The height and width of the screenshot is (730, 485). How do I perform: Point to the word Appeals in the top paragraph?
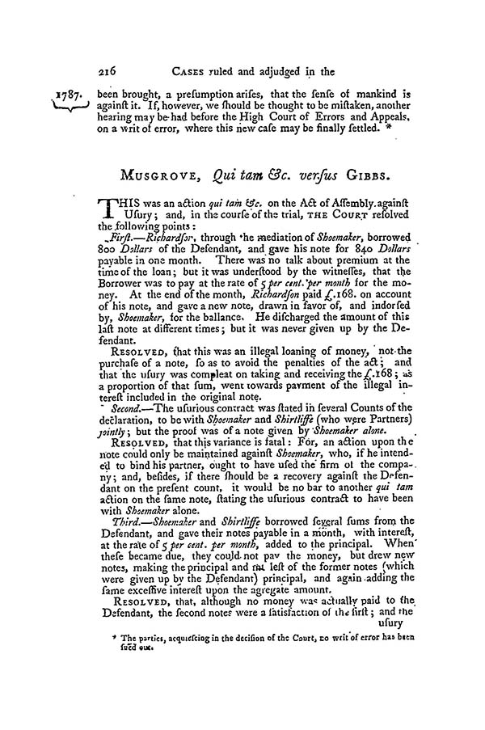pyautogui.click(x=390, y=105)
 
